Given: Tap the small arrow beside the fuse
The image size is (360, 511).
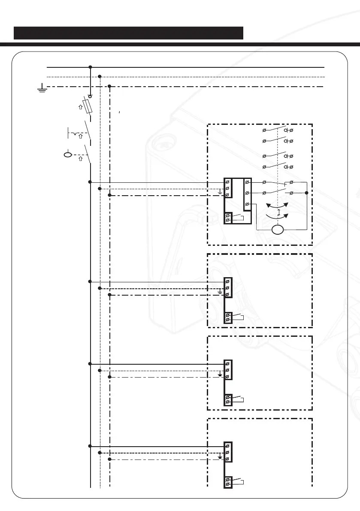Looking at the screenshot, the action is (80, 107).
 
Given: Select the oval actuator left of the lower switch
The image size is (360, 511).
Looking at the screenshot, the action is (67, 154).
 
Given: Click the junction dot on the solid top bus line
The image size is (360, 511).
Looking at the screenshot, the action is (90, 67).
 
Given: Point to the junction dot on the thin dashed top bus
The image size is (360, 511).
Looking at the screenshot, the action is (100, 77).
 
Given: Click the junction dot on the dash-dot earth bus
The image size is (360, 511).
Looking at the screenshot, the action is (110, 87).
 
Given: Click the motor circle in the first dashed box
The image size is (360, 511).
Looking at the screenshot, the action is (278, 230).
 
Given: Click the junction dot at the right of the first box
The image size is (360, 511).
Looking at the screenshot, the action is (306, 193).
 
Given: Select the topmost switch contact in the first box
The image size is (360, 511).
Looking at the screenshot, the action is (277, 129).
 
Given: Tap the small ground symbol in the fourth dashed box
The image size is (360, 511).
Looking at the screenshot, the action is (220, 456).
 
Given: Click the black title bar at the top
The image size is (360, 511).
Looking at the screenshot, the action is (128, 33).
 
